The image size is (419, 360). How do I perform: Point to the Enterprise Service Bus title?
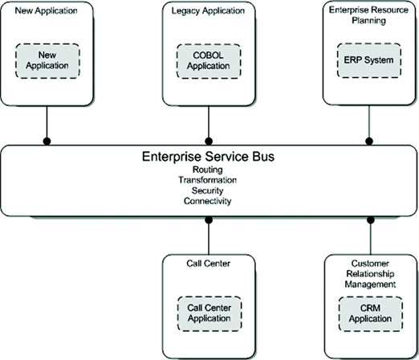coord(208,157)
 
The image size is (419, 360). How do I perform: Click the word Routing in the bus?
coord(208,170)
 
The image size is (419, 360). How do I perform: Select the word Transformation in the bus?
coord(208,180)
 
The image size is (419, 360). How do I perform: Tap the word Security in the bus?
coord(207,190)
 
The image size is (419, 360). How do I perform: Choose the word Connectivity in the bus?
coord(207,201)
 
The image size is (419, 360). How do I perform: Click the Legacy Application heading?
coord(208,10)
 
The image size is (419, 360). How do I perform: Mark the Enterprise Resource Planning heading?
coord(368,15)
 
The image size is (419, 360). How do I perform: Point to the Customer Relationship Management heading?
coord(370,274)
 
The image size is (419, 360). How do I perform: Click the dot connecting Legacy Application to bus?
coord(209,141)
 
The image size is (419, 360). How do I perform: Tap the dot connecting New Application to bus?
coord(47,141)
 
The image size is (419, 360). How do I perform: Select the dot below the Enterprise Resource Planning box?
coord(369,141)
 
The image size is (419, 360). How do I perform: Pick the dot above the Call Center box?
coord(209,220)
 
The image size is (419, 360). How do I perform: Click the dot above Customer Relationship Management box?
coord(371,220)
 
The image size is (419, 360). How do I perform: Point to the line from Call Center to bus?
coord(209,237)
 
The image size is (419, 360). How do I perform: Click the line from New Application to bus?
coord(47,123)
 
